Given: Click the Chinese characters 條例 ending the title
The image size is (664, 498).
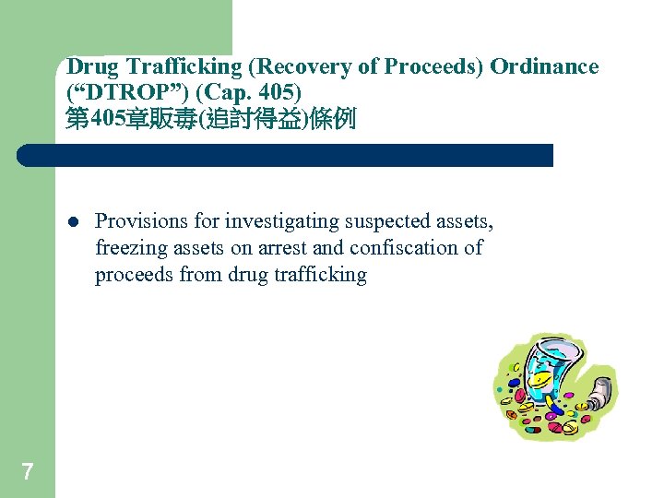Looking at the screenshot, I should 335,120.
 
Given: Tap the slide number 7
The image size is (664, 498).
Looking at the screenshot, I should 27,472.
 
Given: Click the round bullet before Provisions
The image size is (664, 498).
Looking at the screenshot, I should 72,222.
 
